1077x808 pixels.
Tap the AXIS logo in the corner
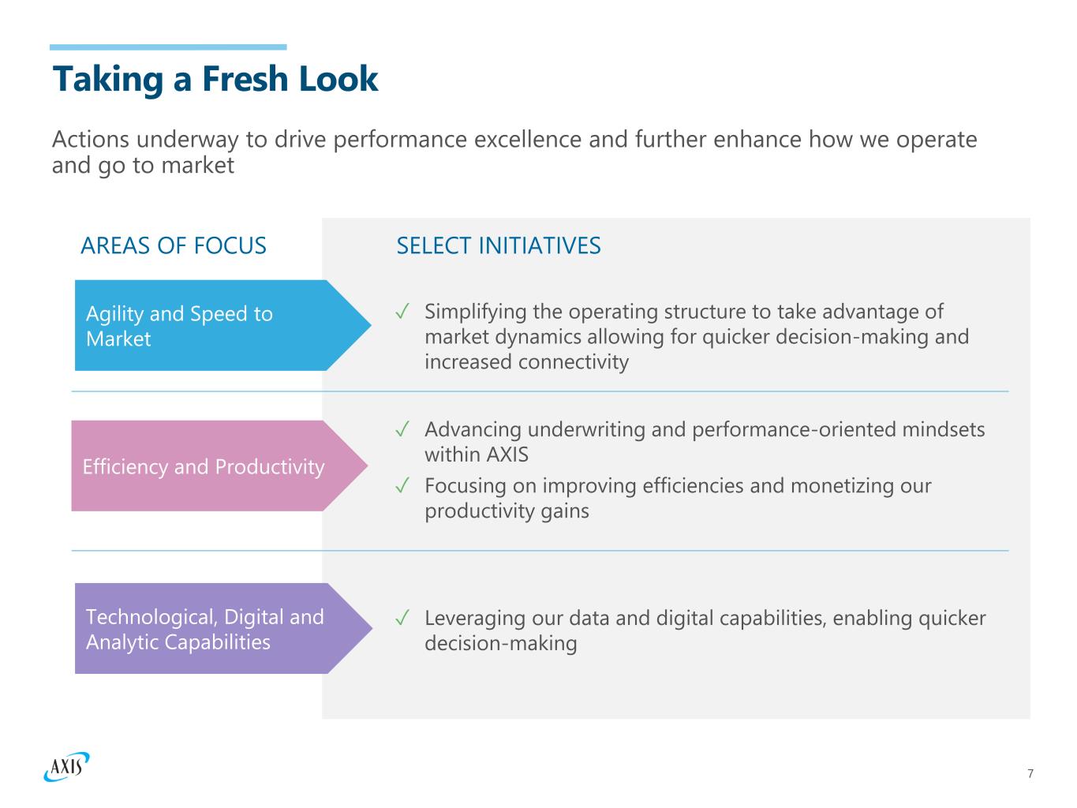pos(67,766)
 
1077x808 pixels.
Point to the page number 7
pos(1030,773)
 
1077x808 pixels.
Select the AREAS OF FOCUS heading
pos(174,245)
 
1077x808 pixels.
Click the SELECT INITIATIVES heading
pos(499,245)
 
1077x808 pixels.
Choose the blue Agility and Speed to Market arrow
pos(223,325)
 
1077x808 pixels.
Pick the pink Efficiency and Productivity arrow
pos(219,466)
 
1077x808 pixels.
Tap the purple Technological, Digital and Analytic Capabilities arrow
pos(223,628)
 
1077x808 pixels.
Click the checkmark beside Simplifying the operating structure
pos(402,311)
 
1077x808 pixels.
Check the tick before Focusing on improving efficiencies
pos(402,485)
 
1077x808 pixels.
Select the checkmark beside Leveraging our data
pos(402,617)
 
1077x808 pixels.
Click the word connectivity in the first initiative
pos(573,362)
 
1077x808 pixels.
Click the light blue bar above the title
pos(168,47)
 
